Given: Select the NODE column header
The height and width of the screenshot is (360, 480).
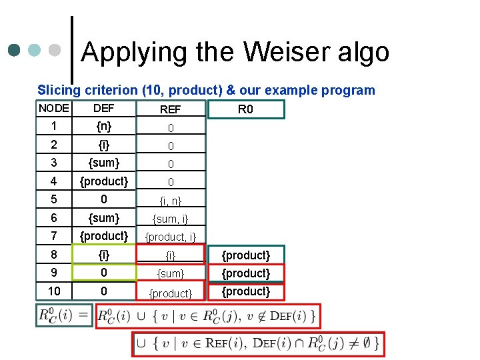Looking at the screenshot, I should [x=53, y=108].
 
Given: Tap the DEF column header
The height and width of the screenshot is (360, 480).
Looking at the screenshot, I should [x=103, y=108].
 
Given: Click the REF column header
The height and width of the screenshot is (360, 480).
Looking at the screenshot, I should [x=170, y=109].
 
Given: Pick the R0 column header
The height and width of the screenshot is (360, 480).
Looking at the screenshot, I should [x=245, y=109].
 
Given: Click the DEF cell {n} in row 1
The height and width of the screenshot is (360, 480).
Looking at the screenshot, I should [x=103, y=126].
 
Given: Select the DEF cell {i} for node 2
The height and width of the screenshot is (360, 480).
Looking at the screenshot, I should [x=103, y=144].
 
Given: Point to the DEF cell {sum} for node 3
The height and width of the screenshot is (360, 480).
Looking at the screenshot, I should [x=103, y=163].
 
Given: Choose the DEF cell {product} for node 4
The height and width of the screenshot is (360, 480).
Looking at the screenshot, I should [x=103, y=181].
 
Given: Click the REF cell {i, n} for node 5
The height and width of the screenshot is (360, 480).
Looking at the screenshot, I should [x=170, y=200].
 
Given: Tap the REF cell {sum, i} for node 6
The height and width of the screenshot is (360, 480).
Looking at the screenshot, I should [x=170, y=218].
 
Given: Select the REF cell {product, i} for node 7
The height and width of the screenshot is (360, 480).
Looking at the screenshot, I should [x=170, y=236].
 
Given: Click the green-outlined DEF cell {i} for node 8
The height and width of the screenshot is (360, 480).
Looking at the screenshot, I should [x=103, y=255].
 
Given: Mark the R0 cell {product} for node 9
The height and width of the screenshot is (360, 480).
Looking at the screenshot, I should [x=245, y=273].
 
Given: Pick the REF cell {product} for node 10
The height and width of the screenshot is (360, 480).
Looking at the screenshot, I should [x=170, y=293].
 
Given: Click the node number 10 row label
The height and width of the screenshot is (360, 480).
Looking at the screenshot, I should [x=53, y=291].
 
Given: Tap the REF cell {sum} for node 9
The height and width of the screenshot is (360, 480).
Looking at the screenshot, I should [x=170, y=273].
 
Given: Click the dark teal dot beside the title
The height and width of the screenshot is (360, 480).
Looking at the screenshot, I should [x=13, y=50].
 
